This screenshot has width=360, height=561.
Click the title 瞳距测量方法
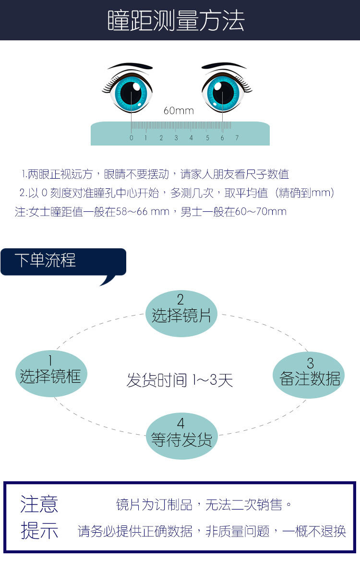[176, 21]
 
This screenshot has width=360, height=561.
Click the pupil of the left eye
[131, 93]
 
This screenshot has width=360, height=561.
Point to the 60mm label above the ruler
[179, 111]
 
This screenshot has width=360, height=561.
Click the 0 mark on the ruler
[131, 138]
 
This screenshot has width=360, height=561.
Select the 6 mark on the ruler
[222, 138]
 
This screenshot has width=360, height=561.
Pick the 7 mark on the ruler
[237, 138]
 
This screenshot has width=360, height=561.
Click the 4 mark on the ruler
[191, 138]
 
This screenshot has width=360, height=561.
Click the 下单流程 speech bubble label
[45, 261]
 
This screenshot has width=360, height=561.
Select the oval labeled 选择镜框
[51, 373]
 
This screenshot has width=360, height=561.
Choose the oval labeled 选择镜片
[181, 313]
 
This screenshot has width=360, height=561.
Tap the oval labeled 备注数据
[310, 375]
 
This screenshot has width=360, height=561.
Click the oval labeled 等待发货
[181, 436]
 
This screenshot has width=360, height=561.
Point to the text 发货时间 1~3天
[180, 380]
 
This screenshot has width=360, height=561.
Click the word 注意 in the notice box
[39, 505]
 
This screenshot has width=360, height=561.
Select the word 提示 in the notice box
[39, 531]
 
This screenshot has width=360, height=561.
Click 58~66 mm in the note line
[143, 212]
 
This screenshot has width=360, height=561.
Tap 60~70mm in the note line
[261, 212]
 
